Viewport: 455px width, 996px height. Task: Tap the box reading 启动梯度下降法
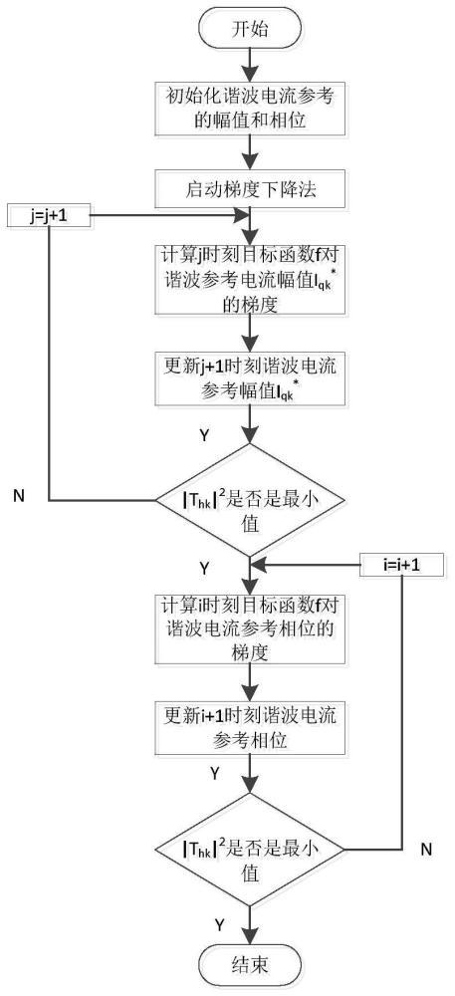click(251, 188)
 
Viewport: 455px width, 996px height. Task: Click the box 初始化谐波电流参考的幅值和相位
click(251, 108)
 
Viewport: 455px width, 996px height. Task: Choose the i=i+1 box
click(401, 564)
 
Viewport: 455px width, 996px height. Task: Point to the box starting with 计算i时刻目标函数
click(251, 628)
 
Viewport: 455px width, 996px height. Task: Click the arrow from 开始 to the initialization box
click(251, 64)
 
